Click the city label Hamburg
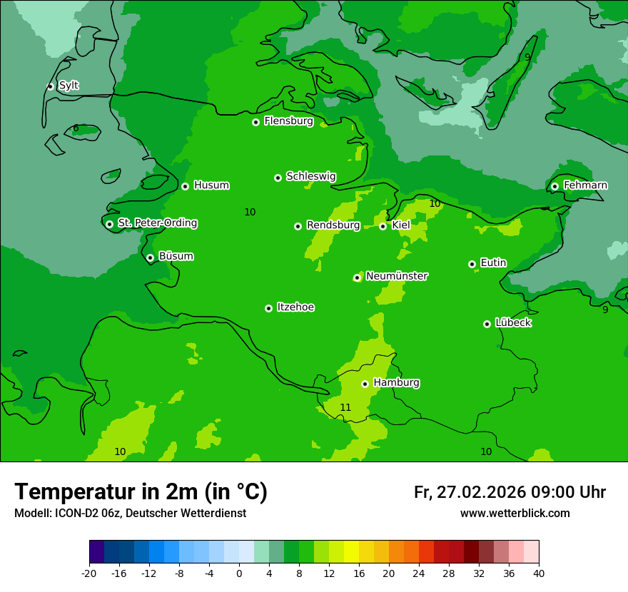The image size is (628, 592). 396,383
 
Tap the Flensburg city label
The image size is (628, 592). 288,121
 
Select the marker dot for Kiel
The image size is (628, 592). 383,226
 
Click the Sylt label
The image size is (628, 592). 69,86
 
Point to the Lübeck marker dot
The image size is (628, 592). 487,324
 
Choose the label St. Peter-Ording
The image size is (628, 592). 157,223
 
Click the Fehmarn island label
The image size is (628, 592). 585,185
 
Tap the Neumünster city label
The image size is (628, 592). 397,276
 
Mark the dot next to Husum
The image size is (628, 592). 186,186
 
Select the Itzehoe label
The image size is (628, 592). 295,307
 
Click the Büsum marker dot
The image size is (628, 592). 150,257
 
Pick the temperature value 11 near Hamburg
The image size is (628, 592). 345,407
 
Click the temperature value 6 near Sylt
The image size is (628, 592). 76,128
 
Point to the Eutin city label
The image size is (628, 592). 493,263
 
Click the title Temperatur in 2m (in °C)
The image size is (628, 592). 141,492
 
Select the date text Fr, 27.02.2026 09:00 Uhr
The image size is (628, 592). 510,492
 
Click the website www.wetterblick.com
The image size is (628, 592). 515,514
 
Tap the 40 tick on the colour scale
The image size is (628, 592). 538,573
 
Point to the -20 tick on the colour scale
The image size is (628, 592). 89,573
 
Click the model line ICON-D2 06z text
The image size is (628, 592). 130,514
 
